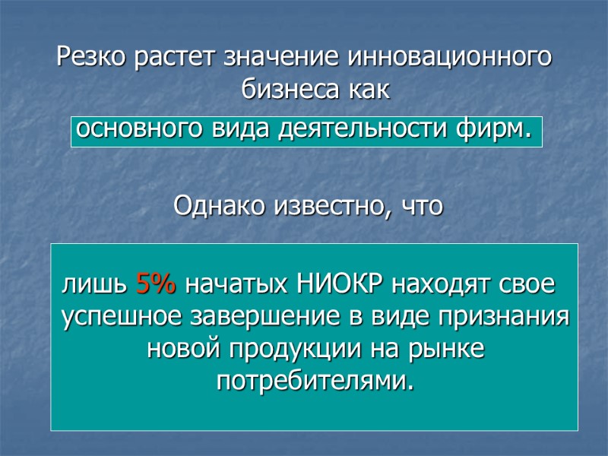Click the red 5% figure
(x=156, y=286)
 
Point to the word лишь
(x=95, y=287)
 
